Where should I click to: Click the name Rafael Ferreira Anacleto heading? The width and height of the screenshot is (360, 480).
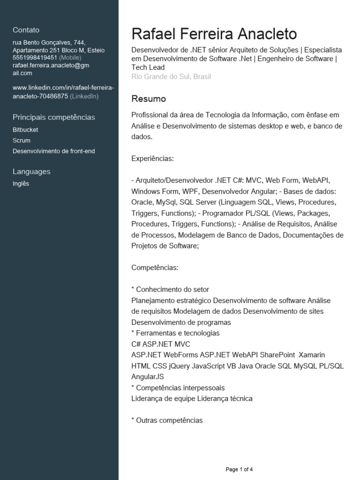coord(214,34)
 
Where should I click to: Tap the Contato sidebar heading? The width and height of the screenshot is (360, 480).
coord(26,30)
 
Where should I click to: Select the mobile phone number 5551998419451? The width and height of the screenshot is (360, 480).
coord(35,58)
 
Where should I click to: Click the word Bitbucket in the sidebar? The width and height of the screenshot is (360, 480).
coord(25,130)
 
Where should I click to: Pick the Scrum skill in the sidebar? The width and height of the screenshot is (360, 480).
coord(22,141)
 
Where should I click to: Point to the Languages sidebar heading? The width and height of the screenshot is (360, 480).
coord(31,172)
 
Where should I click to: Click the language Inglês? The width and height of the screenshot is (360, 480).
coord(21,184)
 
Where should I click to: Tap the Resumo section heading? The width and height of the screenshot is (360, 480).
coord(149,99)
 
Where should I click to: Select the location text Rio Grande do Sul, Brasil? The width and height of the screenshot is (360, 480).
coord(171,76)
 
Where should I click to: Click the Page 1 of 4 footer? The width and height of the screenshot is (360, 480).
coord(239,469)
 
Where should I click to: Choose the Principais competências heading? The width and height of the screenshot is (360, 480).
coord(54,117)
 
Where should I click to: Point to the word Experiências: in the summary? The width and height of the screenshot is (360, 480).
coord(152,159)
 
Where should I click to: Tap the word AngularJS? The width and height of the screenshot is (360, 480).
coord(148,377)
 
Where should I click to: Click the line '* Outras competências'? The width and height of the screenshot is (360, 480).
coord(167,420)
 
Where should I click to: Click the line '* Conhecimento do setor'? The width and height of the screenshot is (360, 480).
coord(170,289)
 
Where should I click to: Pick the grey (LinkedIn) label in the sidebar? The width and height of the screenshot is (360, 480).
coord(84,96)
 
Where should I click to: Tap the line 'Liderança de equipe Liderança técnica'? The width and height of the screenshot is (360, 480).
coord(192,398)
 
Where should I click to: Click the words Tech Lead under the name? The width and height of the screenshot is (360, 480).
coord(148,67)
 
